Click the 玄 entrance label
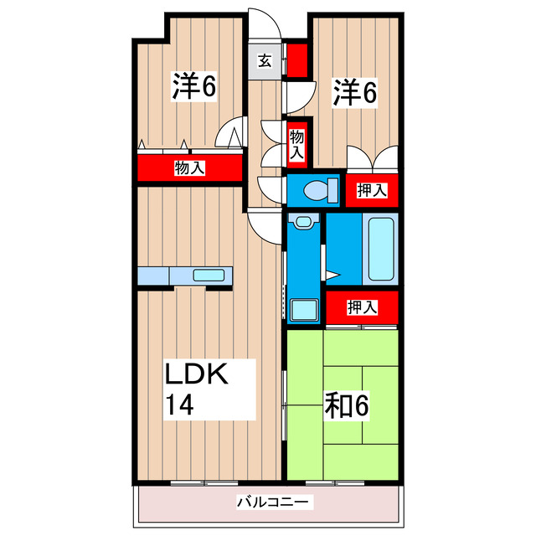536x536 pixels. point(265,60)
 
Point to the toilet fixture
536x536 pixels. point(319,190)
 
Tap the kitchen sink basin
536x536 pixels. point(207,275)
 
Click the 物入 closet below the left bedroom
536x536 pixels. point(189,168)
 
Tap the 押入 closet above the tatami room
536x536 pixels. point(362,307)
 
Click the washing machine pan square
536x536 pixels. point(303,310)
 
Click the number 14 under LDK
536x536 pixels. point(179,406)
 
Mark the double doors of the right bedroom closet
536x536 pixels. point(374,159)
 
